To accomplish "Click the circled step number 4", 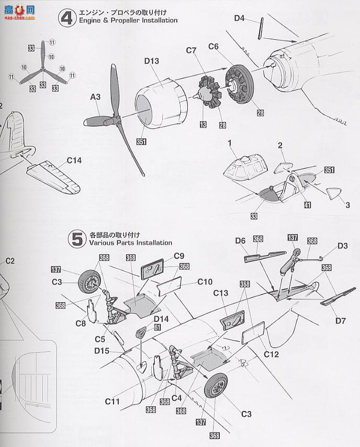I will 66,19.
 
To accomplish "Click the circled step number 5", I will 77,239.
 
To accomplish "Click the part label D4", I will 239,18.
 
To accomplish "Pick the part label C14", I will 74,161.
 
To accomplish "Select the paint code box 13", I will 202,124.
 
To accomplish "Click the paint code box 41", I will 307,205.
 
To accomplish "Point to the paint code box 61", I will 156,327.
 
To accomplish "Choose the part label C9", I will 179,255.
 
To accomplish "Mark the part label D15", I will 102,351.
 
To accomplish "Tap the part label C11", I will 113,401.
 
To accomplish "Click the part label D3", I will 343,245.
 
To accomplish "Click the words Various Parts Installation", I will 130,243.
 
